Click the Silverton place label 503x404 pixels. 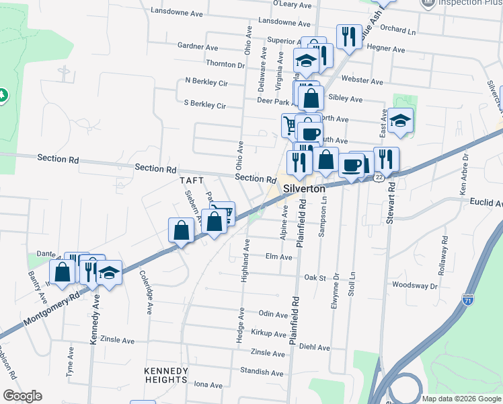point(304,189)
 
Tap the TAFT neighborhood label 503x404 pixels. point(191,181)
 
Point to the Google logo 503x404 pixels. point(22,396)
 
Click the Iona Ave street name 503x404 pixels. point(208,385)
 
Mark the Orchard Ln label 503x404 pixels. point(398,30)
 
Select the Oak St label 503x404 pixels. point(315,277)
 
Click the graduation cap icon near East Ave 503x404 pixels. point(400,121)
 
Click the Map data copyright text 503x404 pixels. point(461,399)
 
